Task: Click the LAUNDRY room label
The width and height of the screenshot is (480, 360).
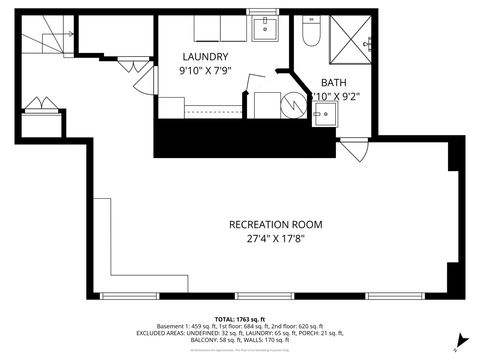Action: click(205, 57)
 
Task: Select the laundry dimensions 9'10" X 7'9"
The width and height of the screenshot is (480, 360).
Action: click(205, 72)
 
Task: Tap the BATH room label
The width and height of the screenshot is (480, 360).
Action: click(333, 83)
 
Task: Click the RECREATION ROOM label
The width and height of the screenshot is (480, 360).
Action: click(276, 224)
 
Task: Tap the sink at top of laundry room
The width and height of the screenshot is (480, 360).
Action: click(266, 28)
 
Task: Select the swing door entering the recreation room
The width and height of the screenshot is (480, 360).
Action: click(351, 151)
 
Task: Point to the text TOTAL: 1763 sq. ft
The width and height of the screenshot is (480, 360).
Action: click(240, 317)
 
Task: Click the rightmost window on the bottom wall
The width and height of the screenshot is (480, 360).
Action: click(393, 296)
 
